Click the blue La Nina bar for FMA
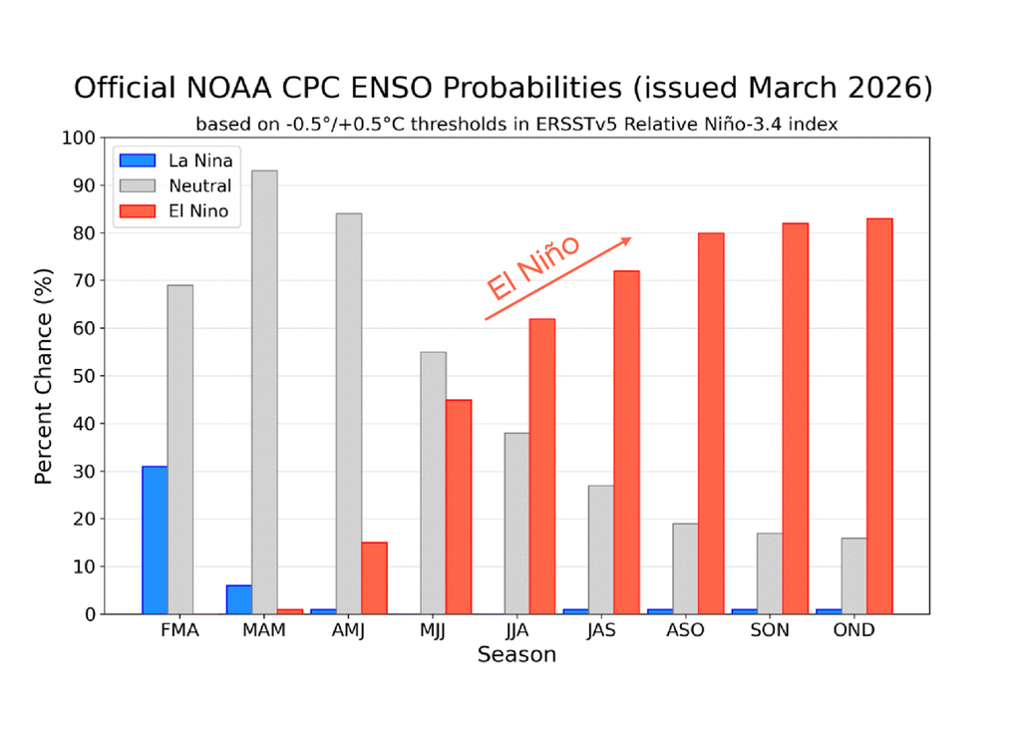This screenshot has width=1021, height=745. pos(155,540)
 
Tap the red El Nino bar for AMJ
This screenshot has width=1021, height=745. pos(374,578)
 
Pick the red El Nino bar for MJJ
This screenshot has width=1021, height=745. pos(458,507)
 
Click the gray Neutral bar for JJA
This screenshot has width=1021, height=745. pos(516,524)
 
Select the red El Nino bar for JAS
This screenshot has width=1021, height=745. pos(626,443)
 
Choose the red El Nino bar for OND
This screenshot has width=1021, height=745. pos(879,416)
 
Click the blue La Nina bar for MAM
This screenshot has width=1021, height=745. pos(239,599)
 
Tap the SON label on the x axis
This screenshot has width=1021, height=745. pos(770,631)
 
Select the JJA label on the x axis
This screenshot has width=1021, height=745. pos(516,631)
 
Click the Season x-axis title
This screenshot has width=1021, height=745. pos(516,655)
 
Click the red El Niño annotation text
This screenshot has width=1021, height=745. pos(533,269)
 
